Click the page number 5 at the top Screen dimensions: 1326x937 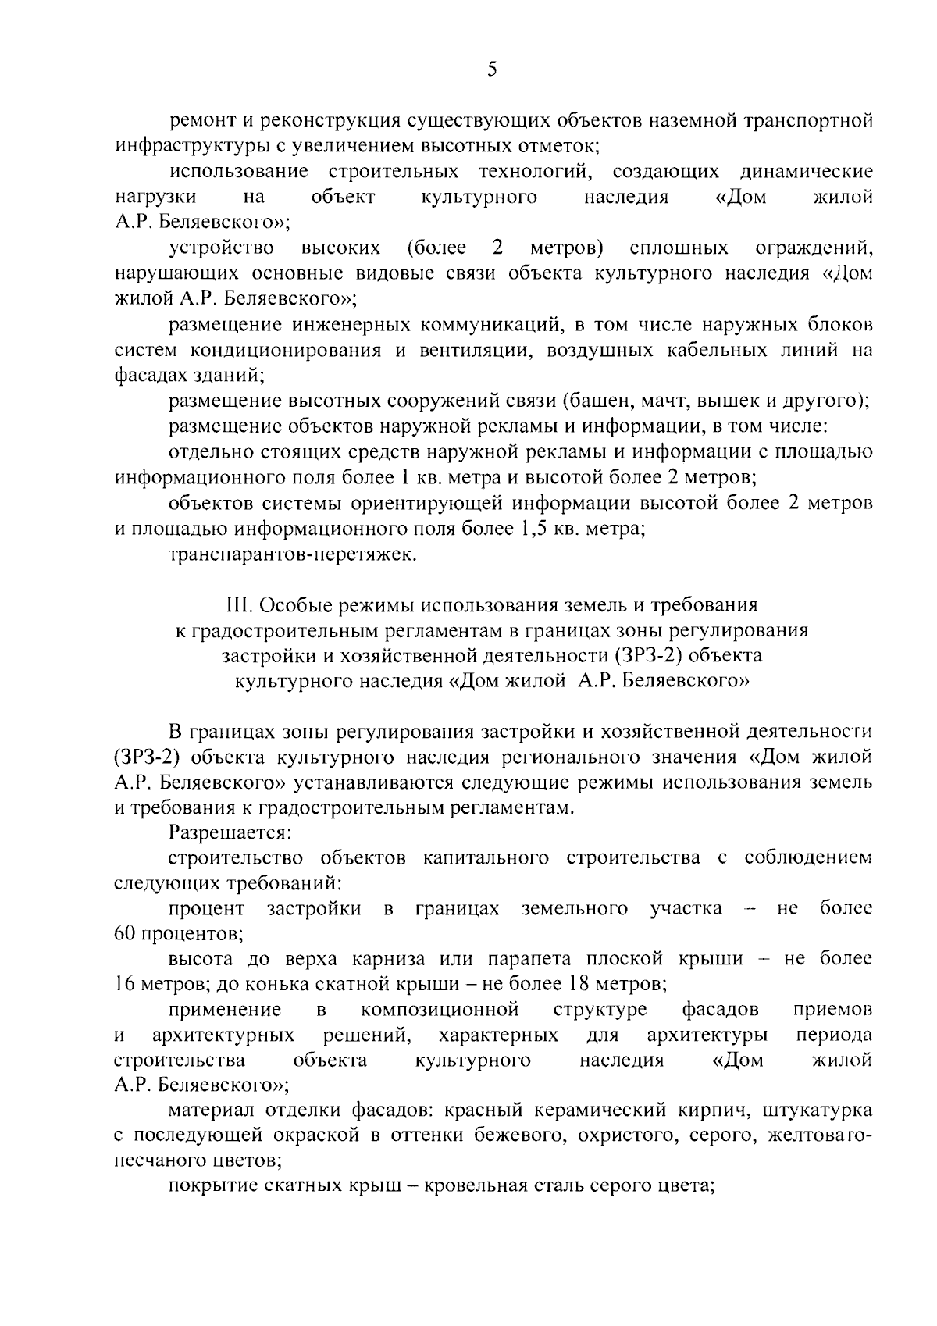[x=491, y=70]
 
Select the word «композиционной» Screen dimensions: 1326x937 [x=440, y=1010]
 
